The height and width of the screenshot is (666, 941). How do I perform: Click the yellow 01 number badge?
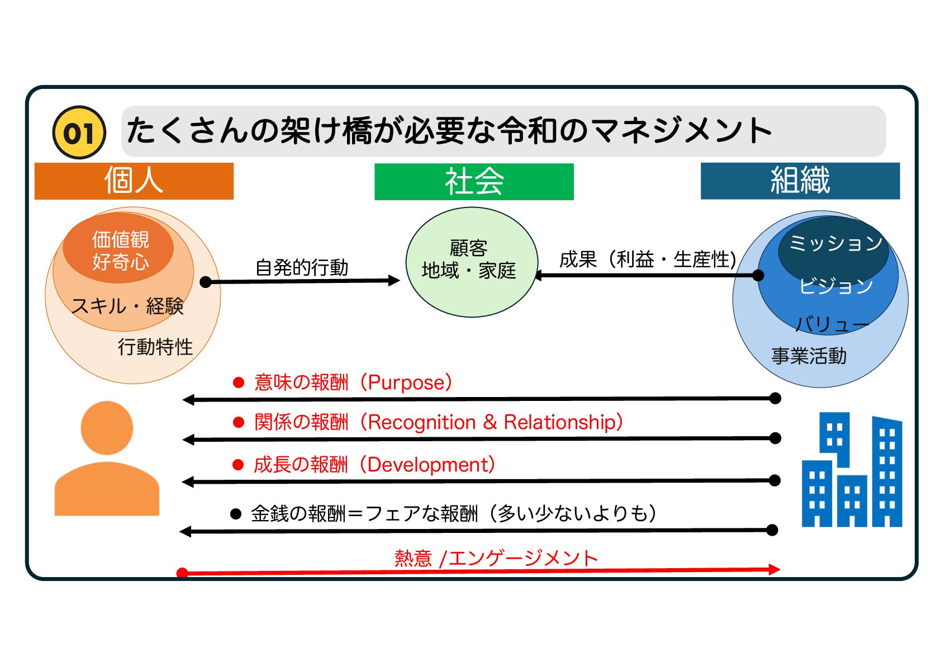pyautogui.click(x=79, y=133)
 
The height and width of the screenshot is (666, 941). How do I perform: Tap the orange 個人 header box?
pyautogui.click(x=134, y=181)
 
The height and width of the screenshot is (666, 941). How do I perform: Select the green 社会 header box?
pyautogui.click(x=474, y=181)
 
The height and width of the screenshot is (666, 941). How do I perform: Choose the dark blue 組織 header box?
pyautogui.click(x=800, y=181)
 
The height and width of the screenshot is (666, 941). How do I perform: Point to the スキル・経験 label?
pyautogui.click(x=127, y=306)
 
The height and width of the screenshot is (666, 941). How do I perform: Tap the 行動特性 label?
pyautogui.click(x=155, y=347)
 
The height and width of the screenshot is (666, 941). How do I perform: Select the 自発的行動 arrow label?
pyautogui.click(x=302, y=267)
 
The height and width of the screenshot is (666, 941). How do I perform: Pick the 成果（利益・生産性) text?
pyautogui.click(x=648, y=259)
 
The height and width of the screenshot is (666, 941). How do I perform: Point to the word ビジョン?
pyautogui.click(x=835, y=286)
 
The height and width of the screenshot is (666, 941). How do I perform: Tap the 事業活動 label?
pyautogui.click(x=809, y=356)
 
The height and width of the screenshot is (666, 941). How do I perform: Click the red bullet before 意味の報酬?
pyautogui.click(x=239, y=382)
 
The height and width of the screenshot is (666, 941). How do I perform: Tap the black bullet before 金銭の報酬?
pyautogui.click(x=236, y=513)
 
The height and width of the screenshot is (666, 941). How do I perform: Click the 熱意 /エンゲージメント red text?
pyautogui.click(x=496, y=558)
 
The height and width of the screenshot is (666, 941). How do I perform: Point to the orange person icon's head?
pyautogui.click(x=107, y=428)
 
